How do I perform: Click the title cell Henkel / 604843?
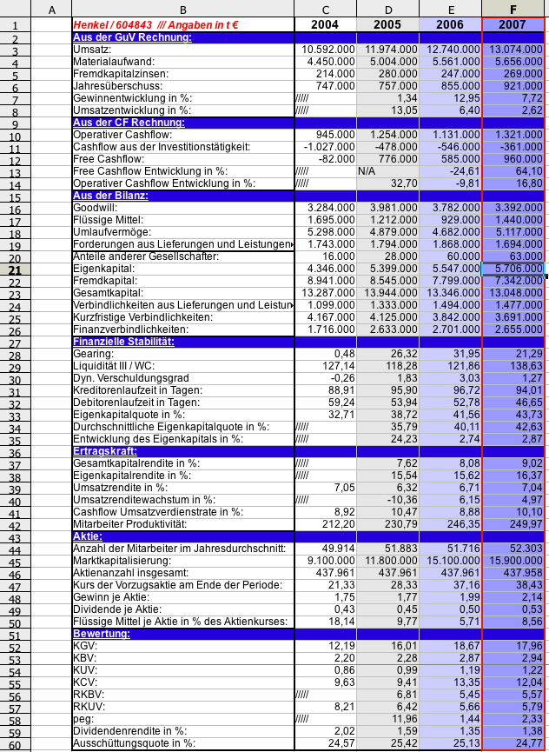point(156,25)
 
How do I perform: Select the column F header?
point(513,9)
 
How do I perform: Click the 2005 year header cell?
point(387,25)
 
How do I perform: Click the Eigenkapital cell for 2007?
point(514,270)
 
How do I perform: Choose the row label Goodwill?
point(95,209)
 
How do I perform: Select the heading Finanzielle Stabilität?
point(124,343)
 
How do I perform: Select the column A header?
point(52,9)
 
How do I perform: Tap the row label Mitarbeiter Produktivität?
point(131,525)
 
